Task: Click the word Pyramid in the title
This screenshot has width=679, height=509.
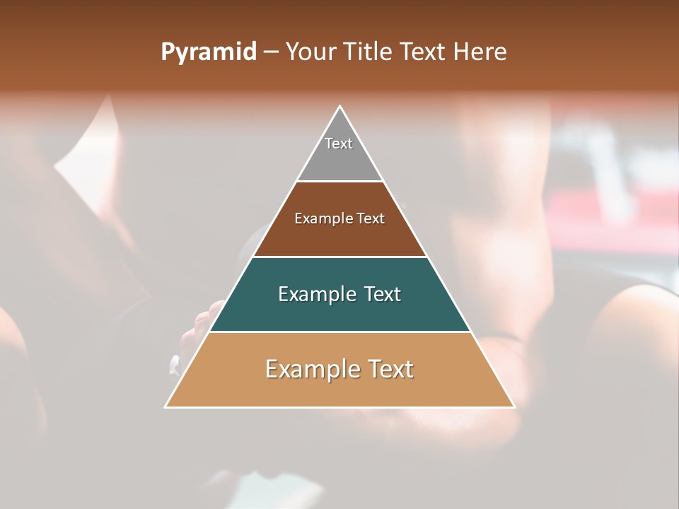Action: click(208, 52)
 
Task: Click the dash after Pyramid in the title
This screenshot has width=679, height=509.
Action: click(270, 52)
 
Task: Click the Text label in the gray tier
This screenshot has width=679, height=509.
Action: click(339, 144)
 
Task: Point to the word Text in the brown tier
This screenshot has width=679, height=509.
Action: click(371, 219)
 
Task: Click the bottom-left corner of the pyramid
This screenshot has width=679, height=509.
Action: click(166, 407)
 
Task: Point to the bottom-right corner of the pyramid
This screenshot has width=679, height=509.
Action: click(514, 407)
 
